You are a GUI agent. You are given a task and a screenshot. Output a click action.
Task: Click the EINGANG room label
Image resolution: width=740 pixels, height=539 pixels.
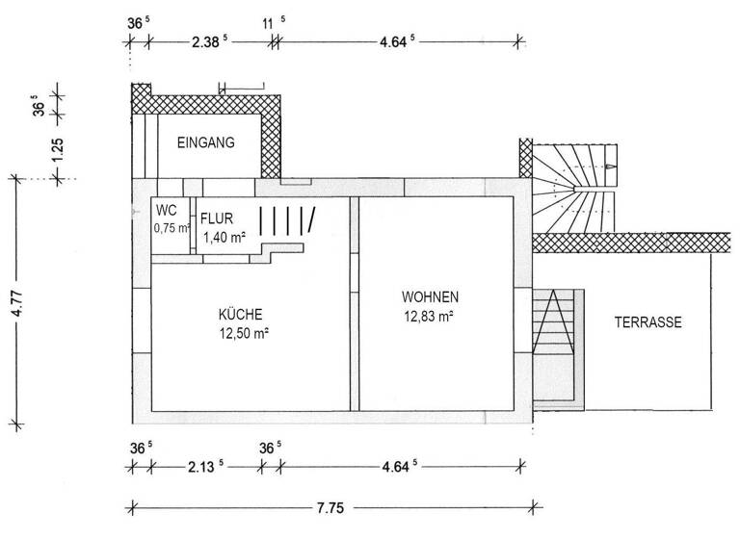point(206,142)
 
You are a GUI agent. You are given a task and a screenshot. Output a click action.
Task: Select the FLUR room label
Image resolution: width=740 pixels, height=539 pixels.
point(217,218)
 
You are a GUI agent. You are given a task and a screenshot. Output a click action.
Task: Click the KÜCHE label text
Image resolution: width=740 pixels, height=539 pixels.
point(241,314)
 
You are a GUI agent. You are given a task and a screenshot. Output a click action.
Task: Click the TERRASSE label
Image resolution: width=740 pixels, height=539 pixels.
point(647,323)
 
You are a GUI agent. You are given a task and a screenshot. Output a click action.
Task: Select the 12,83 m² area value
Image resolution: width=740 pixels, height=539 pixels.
point(430,315)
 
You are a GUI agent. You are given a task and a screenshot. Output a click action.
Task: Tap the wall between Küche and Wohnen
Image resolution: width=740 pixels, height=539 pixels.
point(354,304)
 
